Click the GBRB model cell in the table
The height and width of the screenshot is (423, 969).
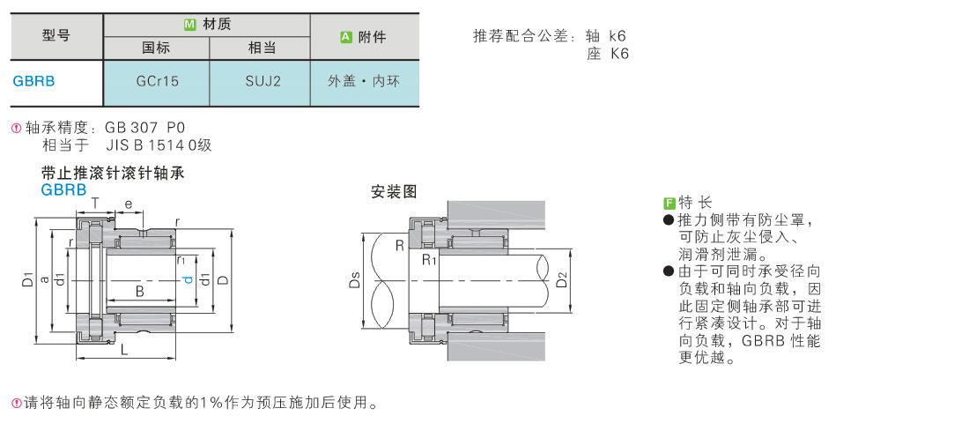[x=34, y=81]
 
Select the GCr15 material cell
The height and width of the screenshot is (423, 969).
[x=157, y=81]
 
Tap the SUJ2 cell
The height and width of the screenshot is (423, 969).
[x=260, y=81]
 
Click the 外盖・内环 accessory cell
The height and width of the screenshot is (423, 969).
[x=364, y=81]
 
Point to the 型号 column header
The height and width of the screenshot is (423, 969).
[x=56, y=35]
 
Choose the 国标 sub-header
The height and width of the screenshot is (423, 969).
[x=156, y=48]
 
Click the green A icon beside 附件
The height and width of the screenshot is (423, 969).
[x=346, y=37]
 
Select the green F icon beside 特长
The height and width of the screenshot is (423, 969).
[x=668, y=203]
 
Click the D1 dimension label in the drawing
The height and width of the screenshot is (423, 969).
[x=27, y=279]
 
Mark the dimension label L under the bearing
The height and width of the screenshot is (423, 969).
[x=124, y=351]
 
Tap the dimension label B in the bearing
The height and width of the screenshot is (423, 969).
[x=140, y=292]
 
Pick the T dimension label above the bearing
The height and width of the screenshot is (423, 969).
[x=94, y=203]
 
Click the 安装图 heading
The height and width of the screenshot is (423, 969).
[x=394, y=192]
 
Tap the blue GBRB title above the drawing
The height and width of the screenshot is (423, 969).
[x=63, y=189]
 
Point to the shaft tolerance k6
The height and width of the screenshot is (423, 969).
[x=617, y=36]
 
